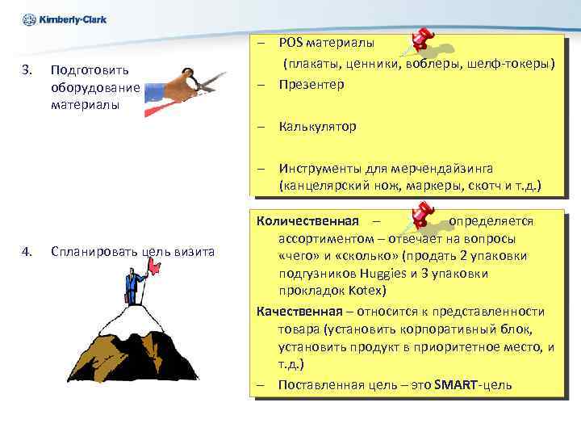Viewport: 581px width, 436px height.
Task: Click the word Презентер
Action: [311, 84]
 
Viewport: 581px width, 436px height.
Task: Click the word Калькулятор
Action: [318, 126]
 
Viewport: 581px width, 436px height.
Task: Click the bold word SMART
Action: [456, 384]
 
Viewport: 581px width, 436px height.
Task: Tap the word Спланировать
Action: [84, 252]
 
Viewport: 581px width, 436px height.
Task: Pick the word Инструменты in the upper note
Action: [320, 169]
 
